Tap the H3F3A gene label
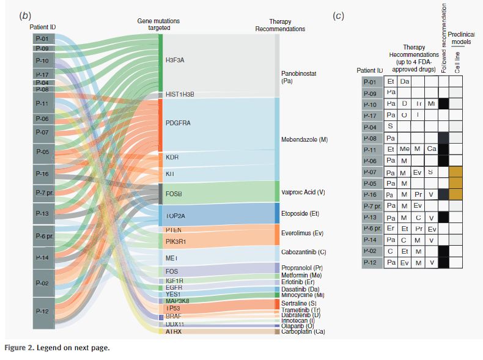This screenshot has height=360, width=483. pyautogui.click(x=175, y=61)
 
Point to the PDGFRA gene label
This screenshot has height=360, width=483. pyautogui.click(x=178, y=123)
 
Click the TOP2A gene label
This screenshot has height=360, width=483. pyautogui.click(x=175, y=216)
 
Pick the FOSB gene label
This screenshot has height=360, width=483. pyautogui.click(x=174, y=194)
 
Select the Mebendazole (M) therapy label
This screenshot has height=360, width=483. pyautogui.click(x=304, y=139)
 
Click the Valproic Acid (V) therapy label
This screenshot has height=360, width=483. pyautogui.click(x=304, y=191)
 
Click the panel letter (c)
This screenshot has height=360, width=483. pyautogui.click(x=338, y=16)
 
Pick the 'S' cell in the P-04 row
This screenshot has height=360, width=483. pyautogui.click(x=390, y=126)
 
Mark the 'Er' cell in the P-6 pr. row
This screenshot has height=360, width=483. pyautogui.click(x=390, y=228)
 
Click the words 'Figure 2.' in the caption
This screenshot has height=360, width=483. pyautogui.click(x=22, y=348)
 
